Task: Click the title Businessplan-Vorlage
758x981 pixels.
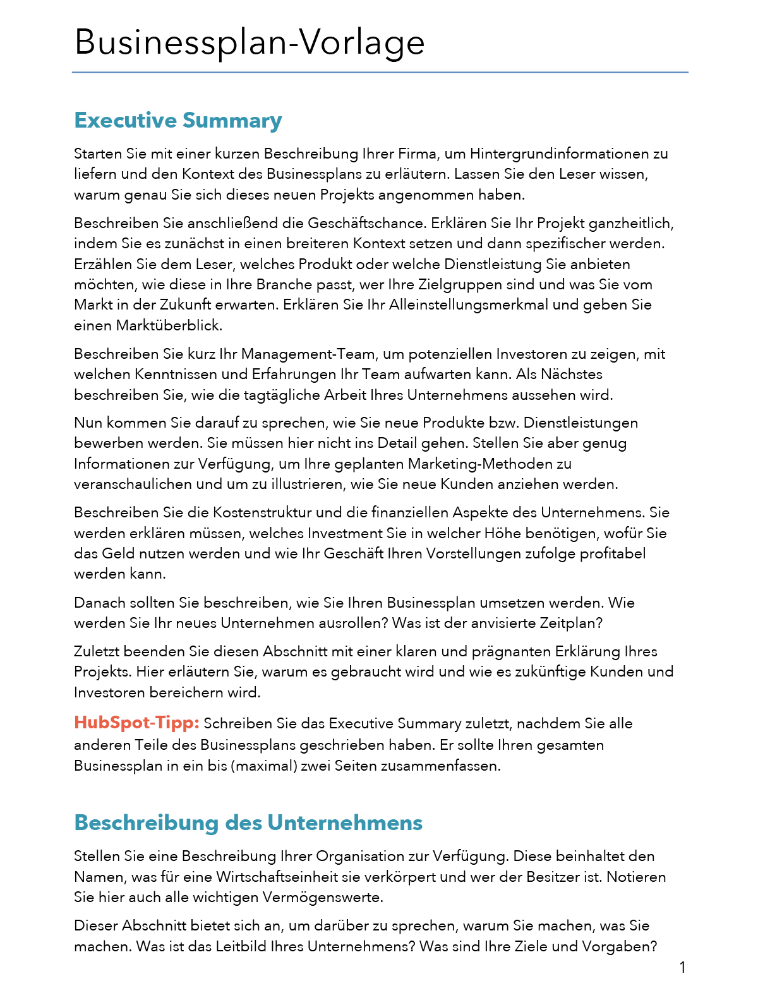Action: pyautogui.click(x=250, y=43)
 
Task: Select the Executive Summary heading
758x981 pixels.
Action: pyautogui.click(x=178, y=120)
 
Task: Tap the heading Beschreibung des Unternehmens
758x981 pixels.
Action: pyautogui.click(x=248, y=822)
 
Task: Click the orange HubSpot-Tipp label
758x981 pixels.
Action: pyautogui.click(x=136, y=723)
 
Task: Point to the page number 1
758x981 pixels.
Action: pyautogui.click(x=682, y=967)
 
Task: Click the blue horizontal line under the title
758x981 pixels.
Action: pyautogui.click(x=379, y=73)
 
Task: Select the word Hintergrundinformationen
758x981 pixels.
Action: pyautogui.click(x=559, y=153)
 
